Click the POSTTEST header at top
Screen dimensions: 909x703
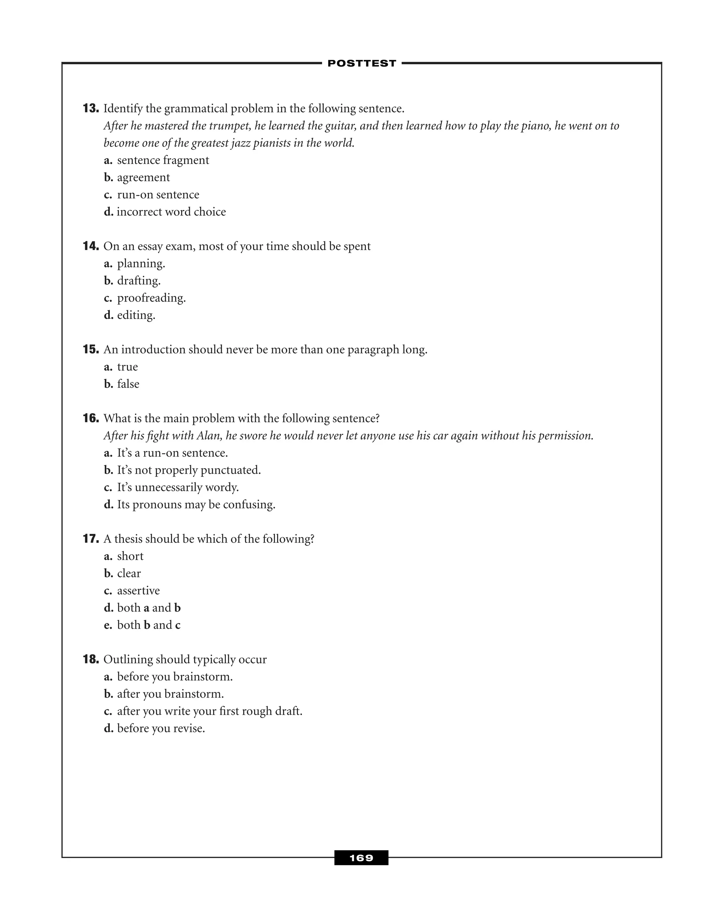coord(361,63)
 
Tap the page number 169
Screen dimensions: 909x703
coord(361,858)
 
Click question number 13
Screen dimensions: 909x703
coord(91,109)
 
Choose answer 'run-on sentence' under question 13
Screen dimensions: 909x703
coord(158,195)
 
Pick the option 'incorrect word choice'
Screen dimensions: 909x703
coord(171,212)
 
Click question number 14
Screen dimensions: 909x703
coord(91,246)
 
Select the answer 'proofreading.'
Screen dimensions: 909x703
coord(151,298)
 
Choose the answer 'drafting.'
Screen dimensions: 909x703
coord(139,281)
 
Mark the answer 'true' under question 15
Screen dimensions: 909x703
coord(127,367)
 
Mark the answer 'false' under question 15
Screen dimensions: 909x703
coord(128,384)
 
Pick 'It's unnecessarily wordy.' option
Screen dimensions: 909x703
coord(178,487)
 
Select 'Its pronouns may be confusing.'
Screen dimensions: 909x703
coord(196,505)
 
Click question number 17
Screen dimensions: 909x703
coord(91,539)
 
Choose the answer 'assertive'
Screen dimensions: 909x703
coord(138,591)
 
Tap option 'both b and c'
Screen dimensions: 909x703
coord(149,625)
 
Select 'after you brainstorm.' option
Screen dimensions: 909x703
coord(170,694)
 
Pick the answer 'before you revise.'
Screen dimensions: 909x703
coord(161,728)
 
